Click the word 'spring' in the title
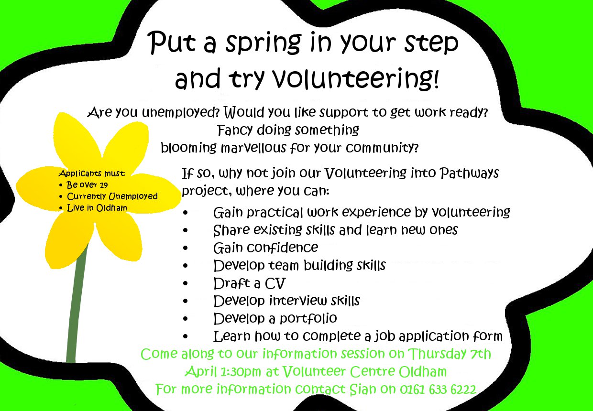coord(263,43)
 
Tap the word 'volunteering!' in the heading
coord(355,78)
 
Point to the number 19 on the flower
coord(103,185)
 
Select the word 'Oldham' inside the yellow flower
coord(111,208)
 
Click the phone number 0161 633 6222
coord(438,389)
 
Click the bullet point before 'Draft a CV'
coord(186,283)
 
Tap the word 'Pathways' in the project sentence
coord(469,173)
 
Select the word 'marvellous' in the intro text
coord(253,148)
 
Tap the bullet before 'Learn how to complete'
coord(186,336)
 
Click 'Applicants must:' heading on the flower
coord(92,173)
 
